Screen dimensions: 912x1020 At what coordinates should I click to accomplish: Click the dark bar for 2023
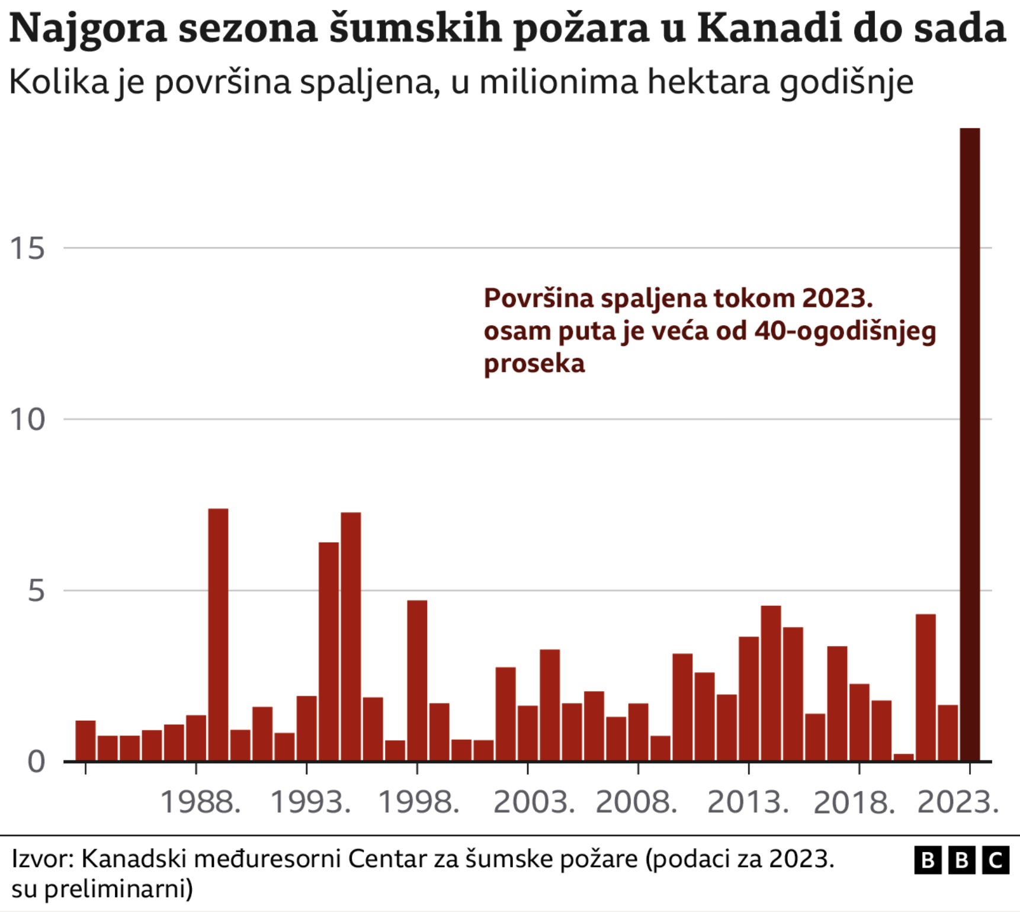[x=970, y=444]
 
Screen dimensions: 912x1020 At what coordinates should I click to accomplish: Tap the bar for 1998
[x=417, y=680]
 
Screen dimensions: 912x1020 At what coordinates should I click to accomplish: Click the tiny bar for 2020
[x=903, y=757]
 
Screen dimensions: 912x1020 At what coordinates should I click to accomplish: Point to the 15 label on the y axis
[x=27, y=248]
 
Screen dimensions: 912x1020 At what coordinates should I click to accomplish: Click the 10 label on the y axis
[x=27, y=420]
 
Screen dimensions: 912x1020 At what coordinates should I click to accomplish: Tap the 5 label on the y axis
[x=36, y=591]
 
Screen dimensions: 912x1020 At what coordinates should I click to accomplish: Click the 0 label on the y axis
[x=36, y=762]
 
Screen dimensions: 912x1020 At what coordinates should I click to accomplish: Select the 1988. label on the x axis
[x=200, y=803]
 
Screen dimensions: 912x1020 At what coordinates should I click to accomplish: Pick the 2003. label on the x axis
[x=534, y=803]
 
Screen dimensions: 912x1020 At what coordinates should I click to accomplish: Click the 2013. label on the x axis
[x=748, y=803]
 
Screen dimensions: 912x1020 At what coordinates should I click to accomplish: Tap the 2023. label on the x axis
[x=957, y=803]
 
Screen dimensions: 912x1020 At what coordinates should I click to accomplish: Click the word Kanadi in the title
[x=769, y=28]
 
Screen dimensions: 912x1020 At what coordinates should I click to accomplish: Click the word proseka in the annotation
[x=534, y=363]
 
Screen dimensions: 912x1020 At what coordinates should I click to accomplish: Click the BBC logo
[x=961, y=860]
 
